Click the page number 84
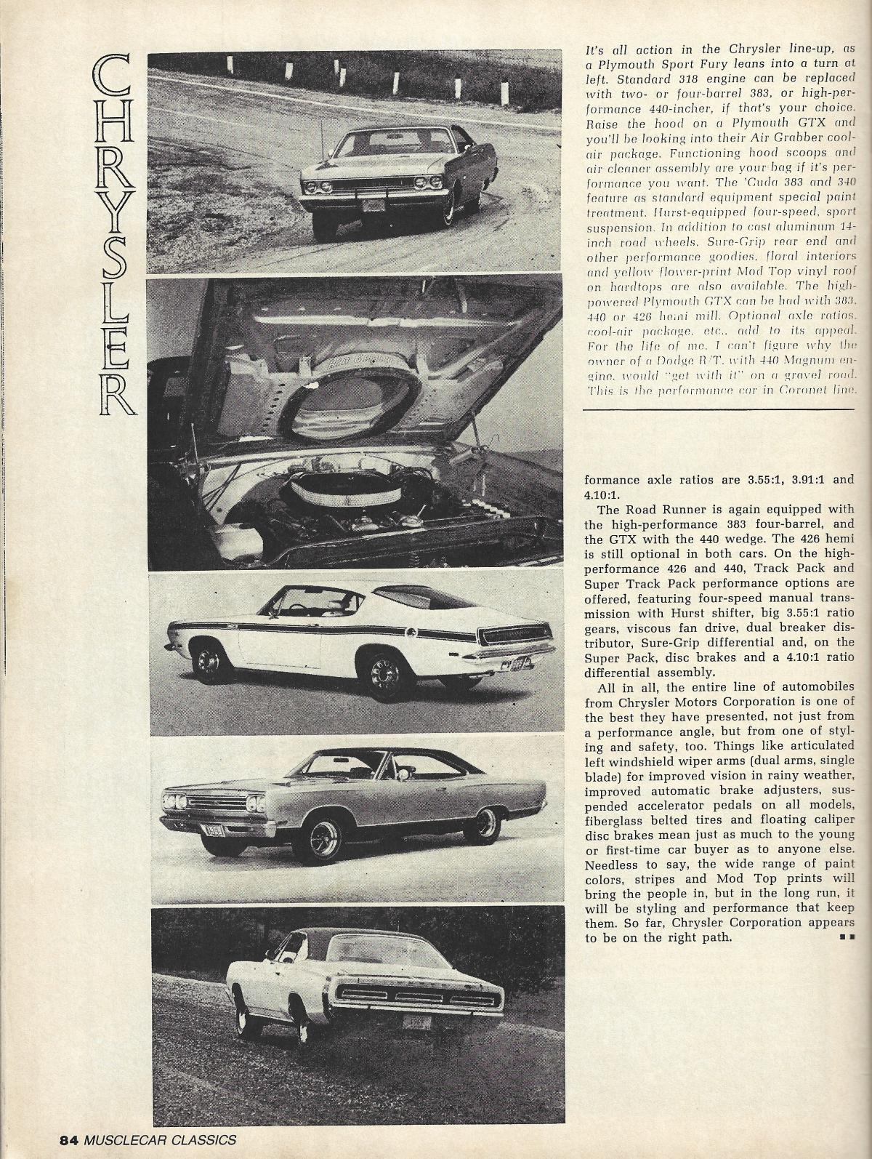click(69, 1139)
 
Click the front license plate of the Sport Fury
click(373, 206)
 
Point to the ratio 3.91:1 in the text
click(785, 480)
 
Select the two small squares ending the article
click(845, 938)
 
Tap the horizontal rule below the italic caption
click(719, 410)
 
